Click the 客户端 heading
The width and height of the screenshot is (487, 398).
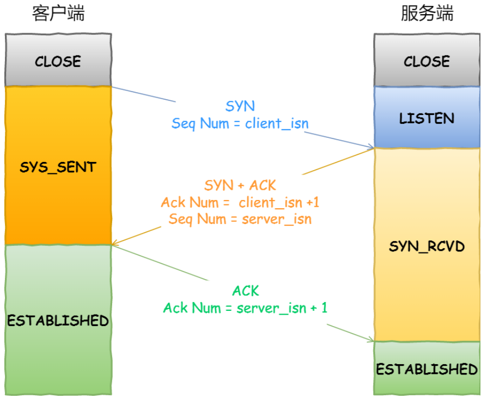(58, 14)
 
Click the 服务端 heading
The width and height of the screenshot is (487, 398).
(427, 14)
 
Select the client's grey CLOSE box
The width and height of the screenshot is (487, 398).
(58, 60)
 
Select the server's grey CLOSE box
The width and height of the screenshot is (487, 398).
(427, 60)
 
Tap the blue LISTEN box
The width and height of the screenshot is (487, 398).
(427, 117)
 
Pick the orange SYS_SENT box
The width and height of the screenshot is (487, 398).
(58, 166)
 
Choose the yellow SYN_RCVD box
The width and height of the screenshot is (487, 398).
(427, 245)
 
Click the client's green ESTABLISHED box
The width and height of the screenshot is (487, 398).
(58, 319)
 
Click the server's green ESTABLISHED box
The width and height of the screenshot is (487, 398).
(427, 369)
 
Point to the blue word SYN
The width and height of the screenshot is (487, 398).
(240, 106)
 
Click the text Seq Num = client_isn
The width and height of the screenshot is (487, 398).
(240, 123)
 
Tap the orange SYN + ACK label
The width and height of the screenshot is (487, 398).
(240, 185)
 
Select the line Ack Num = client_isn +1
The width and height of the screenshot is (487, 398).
(240, 202)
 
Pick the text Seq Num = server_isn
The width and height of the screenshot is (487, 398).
(240, 219)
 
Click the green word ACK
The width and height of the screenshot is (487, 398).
(246, 291)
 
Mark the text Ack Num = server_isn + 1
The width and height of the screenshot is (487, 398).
(246, 307)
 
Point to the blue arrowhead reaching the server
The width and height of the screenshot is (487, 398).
(371, 147)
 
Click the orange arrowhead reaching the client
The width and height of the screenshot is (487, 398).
(115, 244)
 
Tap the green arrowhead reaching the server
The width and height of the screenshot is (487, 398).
(371, 341)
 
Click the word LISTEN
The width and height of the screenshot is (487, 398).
(427, 118)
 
